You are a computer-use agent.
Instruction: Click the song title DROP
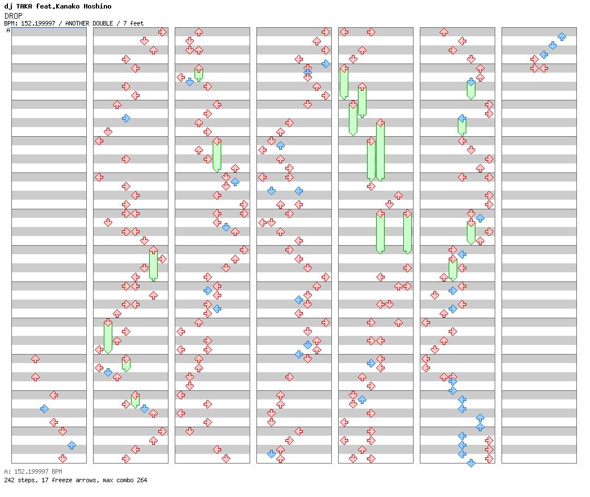tap(14, 16)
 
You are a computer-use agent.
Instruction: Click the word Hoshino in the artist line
tap(98, 6)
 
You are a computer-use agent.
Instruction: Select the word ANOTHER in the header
tap(77, 23)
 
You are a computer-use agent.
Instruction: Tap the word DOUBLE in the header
tap(103, 23)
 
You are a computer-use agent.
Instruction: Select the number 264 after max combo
tap(142, 480)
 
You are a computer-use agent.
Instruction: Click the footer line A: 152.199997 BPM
tap(33, 471)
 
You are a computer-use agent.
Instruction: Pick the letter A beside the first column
tap(9, 30)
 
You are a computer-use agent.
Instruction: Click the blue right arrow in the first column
tap(44, 408)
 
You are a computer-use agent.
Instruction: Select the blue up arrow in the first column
tap(72, 445)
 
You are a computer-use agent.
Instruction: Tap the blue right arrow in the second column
tap(126, 119)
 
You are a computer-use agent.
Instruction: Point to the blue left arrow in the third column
tap(217, 309)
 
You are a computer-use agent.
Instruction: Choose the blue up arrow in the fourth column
tap(280, 145)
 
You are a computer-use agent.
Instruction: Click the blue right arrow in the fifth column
tap(371, 363)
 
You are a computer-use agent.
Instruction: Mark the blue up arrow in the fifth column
tap(362, 399)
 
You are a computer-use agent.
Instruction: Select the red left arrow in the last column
tap(543, 68)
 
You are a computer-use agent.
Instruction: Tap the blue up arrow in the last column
tap(562, 36)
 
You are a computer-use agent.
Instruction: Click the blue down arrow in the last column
tap(553, 45)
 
